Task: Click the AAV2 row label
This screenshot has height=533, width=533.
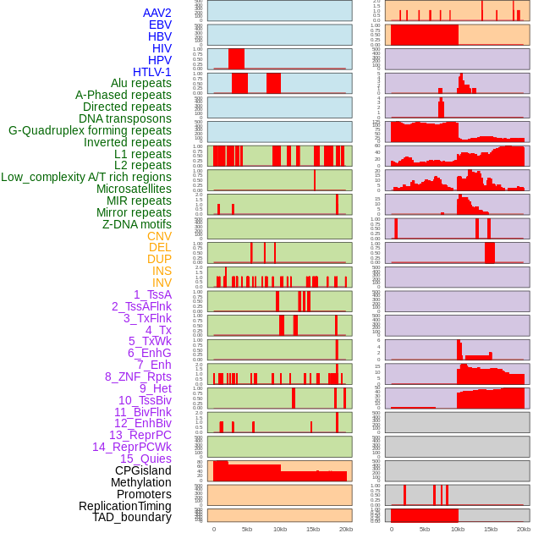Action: coord(157,13)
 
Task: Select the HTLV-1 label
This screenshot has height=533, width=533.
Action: coord(152,72)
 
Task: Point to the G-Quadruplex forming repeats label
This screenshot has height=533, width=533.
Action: coord(90,130)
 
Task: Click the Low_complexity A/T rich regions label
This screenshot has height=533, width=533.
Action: coord(86,177)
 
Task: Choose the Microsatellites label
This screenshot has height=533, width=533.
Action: coord(134,189)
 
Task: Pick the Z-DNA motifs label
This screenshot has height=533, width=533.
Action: coord(137,224)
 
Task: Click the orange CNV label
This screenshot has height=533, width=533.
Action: coord(159,236)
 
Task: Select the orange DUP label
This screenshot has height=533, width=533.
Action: coord(159,259)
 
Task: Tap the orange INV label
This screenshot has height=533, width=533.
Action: coord(162,283)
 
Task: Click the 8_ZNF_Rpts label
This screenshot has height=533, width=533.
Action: coord(138,376)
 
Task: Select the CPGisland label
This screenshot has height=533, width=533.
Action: coord(143,470)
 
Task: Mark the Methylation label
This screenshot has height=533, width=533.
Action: coord(141,482)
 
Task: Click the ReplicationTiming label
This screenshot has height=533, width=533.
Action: coord(125,506)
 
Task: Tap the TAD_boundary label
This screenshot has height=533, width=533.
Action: coord(132,517)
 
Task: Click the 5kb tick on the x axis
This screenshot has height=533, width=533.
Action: coord(247,529)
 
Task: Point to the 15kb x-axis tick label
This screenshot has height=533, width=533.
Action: coord(312,529)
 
